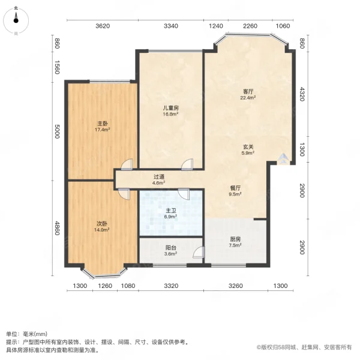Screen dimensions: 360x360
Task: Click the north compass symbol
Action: pyautogui.click(x=16, y=20)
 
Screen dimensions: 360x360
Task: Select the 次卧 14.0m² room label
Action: pyautogui.click(x=102, y=226)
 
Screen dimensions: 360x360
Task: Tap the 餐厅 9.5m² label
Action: pyautogui.click(x=235, y=190)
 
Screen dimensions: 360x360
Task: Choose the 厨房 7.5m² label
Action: pyautogui.click(x=236, y=242)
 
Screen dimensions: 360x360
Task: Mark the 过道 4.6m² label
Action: pyautogui.click(x=158, y=179)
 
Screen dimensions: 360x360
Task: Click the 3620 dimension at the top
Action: pyautogui.click(x=103, y=26)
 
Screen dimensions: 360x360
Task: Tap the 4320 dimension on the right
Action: pyautogui.click(x=302, y=94)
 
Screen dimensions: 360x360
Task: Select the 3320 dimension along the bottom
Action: pyautogui.click(x=172, y=286)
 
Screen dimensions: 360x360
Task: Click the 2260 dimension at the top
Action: pyautogui.click(x=250, y=26)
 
